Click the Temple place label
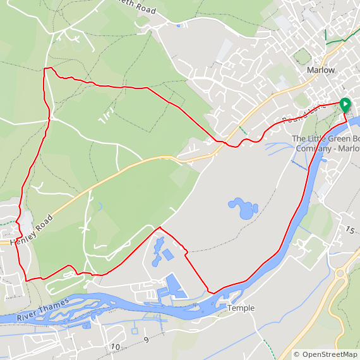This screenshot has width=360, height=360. coord(241,308)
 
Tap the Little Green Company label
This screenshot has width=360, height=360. coord(325,143)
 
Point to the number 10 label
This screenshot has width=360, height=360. coord(115,347)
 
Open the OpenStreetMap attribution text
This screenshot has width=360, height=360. coord(326,354)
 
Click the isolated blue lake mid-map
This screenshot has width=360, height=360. coord(242,208)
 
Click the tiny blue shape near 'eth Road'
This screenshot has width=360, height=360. coord(179,25)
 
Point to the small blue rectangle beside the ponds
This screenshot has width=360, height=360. coord(168,255)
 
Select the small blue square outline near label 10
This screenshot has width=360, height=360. coord(135,330)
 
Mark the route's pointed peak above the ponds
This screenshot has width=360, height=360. coord(159,227)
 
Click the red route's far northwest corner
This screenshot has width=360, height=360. coord(44,69)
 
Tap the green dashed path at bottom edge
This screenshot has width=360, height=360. coord(269,348)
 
